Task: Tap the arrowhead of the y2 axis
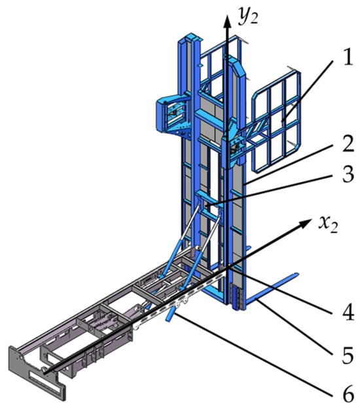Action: (227, 20)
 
